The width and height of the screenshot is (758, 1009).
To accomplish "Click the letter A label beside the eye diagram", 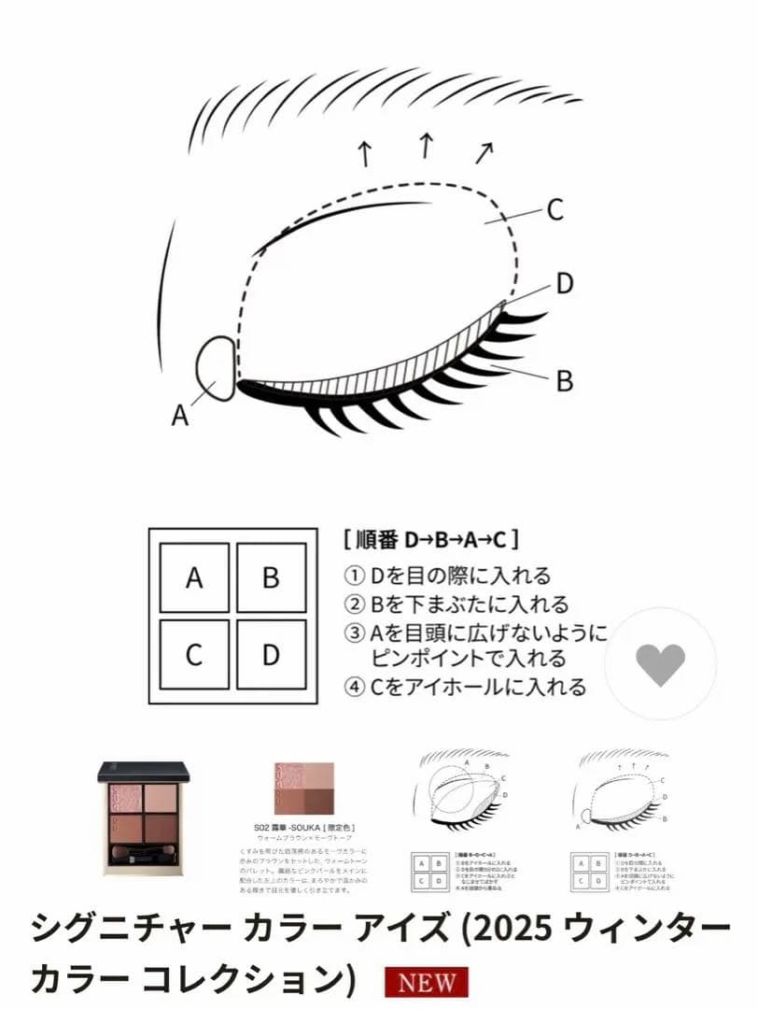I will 180,415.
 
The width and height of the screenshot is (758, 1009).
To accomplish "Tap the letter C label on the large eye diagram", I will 554,210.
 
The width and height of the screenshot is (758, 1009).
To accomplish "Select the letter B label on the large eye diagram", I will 564,381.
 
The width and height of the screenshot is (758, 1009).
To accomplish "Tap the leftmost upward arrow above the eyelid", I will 366,152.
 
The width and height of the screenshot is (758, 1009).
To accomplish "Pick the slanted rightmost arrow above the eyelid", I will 484,150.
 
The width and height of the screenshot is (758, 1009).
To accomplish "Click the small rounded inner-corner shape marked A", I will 218,369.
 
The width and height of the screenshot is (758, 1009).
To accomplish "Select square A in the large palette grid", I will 194,577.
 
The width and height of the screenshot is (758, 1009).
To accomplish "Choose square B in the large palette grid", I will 271,577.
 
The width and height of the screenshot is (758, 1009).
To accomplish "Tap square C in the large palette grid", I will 194,654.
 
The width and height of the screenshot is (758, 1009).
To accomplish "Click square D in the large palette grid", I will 271,654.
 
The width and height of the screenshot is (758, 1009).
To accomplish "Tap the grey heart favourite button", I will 660,664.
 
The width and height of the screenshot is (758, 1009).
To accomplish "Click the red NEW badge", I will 427,983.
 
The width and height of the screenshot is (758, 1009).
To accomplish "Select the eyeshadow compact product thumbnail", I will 144,817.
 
